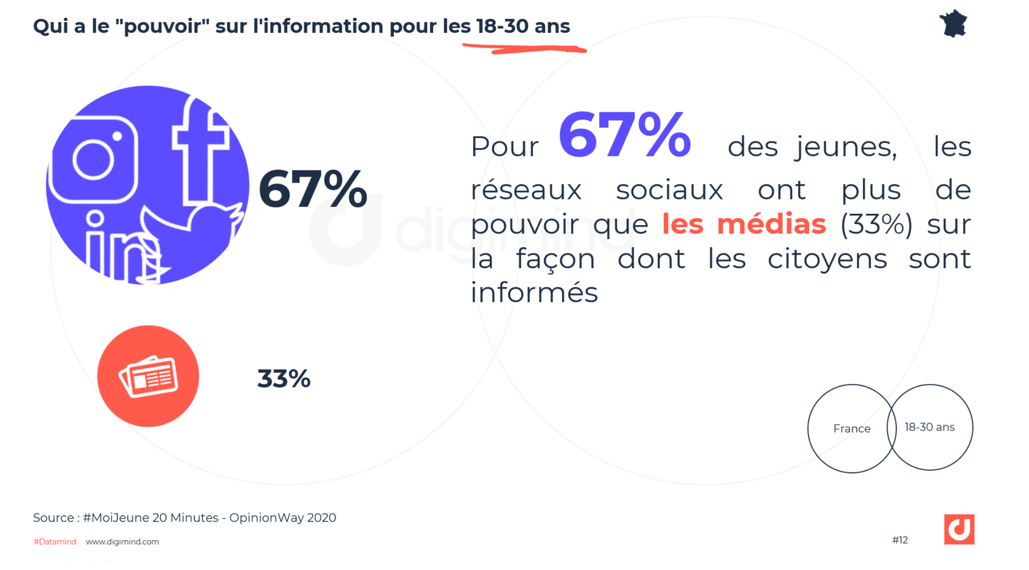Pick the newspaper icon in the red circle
[x=148, y=376]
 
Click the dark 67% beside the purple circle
[x=313, y=189]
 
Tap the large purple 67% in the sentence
[x=624, y=135]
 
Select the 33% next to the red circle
[x=284, y=379]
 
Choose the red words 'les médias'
[x=744, y=224]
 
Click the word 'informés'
[x=534, y=293]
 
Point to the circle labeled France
[x=851, y=429]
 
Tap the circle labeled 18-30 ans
[x=930, y=427]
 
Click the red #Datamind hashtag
[x=55, y=542]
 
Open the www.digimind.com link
[x=122, y=542]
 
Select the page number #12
[x=900, y=540]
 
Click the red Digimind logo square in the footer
[x=959, y=529]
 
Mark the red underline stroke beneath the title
[x=524, y=48]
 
